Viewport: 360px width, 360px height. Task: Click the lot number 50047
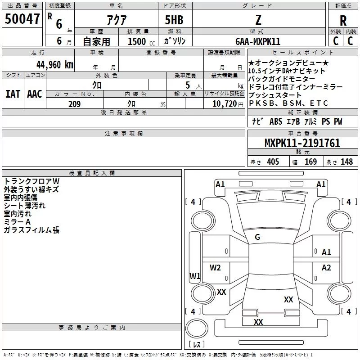pyautogui.click(x=22, y=18)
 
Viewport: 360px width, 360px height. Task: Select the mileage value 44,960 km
pyautogui.click(x=55, y=65)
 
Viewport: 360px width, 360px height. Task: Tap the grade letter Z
pyautogui.click(x=258, y=20)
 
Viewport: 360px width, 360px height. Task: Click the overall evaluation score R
pyautogui.click(x=343, y=21)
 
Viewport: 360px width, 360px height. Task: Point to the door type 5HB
pyautogui.click(x=174, y=20)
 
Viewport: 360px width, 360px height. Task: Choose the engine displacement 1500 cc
pyautogui.click(x=141, y=41)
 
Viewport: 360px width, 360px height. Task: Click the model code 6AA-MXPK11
pyautogui.click(x=258, y=41)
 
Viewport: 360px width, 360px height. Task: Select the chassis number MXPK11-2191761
pyautogui.click(x=302, y=143)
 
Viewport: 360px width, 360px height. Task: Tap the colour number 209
pyautogui.click(x=74, y=104)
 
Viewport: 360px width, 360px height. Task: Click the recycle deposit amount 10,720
pyautogui.click(x=225, y=104)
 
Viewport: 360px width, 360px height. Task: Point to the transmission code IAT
pyautogui.click(x=13, y=94)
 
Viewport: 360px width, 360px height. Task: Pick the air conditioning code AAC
pyautogui.click(x=35, y=94)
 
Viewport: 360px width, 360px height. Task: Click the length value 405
pyautogui.click(x=273, y=162)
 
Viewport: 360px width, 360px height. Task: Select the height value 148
pyautogui.click(x=346, y=162)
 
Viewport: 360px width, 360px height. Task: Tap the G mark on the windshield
pyautogui.click(x=257, y=237)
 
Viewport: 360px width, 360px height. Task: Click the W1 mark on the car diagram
pyautogui.click(x=195, y=276)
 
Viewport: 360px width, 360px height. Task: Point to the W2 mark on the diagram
pyautogui.click(x=215, y=268)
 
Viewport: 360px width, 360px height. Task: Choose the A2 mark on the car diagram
pyautogui.click(x=326, y=268)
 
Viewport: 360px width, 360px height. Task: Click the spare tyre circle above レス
pyautogui.click(x=197, y=329)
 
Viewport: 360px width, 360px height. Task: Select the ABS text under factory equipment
pyautogui.click(x=276, y=121)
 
